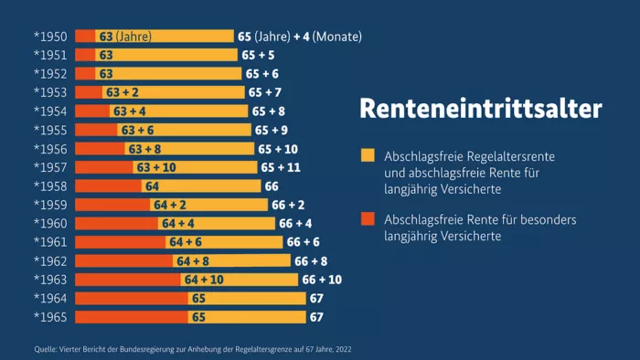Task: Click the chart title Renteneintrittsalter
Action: pyautogui.click(x=481, y=109)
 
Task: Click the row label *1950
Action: pyautogui.click(x=50, y=37)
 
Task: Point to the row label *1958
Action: pyautogui.click(x=50, y=186)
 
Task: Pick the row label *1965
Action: pyautogui.click(x=50, y=317)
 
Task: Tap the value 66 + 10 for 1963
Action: pyautogui.click(x=322, y=280)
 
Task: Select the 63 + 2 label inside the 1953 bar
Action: pyautogui.click(x=123, y=92)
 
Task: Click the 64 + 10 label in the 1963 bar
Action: pyautogui.click(x=203, y=280)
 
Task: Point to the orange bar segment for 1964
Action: pyautogui.click(x=131, y=299)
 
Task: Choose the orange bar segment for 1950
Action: pyautogui.click(x=84, y=37)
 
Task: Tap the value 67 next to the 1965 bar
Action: pyautogui.click(x=317, y=317)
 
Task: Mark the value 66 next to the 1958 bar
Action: pyautogui.click(x=272, y=186)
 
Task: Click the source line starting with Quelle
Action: pyautogui.click(x=192, y=349)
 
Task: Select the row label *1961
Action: pyautogui.click(x=50, y=242)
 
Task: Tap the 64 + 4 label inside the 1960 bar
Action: pyautogui.click(x=178, y=224)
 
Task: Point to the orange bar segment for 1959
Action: pyautogui.click(x=112, y=205)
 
